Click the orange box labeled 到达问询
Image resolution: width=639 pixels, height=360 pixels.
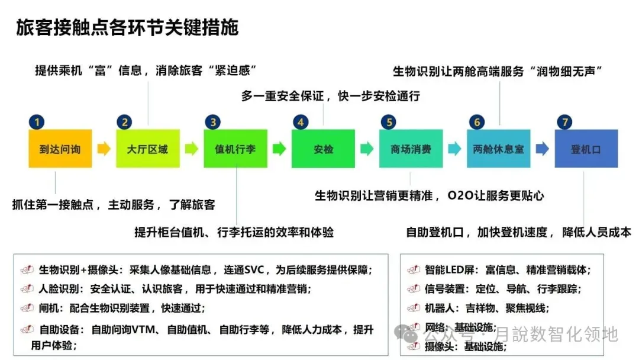point(60,149)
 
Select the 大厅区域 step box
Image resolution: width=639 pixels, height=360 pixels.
point(147,149)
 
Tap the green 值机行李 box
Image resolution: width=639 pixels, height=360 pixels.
point(235,149)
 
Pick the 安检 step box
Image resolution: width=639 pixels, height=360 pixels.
point(323,149)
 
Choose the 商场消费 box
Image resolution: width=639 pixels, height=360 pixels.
point(410,149)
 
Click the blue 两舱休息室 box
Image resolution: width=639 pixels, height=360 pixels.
point(498,149)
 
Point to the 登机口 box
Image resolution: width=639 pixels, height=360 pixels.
point(586,149)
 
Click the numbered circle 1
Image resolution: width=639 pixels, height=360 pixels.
point(37,123)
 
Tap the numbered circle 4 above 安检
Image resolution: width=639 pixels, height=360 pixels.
point(301,123)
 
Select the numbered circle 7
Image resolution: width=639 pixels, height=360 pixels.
point(564,123)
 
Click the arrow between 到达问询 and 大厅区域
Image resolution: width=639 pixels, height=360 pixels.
point(104,149)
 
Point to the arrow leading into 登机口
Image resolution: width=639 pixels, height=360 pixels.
point(542,149)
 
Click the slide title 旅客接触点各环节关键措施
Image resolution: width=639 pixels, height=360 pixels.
point(127,28)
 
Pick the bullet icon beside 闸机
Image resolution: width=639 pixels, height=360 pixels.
point(27,308)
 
